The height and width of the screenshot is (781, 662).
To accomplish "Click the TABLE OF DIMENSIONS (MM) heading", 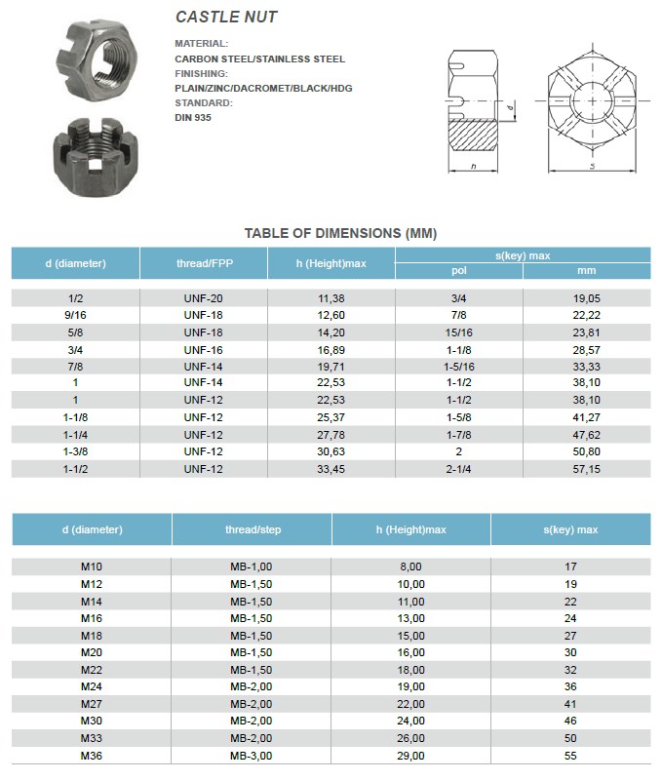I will click(x=340, y=233).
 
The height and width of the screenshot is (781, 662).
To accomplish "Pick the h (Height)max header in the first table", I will click(x=331, y=263).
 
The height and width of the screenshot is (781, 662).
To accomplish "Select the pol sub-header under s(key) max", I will click(x=459, y=271).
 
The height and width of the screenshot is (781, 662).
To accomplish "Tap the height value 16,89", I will click(x=331, y=349).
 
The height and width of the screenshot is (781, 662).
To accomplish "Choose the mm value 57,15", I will click(x=586, y=469).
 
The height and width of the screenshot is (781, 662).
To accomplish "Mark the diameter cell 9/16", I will click(x=75, y=315).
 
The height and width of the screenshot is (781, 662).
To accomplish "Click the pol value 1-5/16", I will click(x=459, y=366).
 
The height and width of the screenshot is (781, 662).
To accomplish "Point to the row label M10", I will click(x=92, y=566).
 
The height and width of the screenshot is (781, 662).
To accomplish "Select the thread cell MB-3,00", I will click(x=252, y=755).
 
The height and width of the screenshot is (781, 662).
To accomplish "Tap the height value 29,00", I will click(x=411, y=755).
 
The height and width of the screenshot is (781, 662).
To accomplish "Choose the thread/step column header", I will click(x=253, y=529).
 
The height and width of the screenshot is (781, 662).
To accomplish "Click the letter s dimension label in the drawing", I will click(x=592, y=167).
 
